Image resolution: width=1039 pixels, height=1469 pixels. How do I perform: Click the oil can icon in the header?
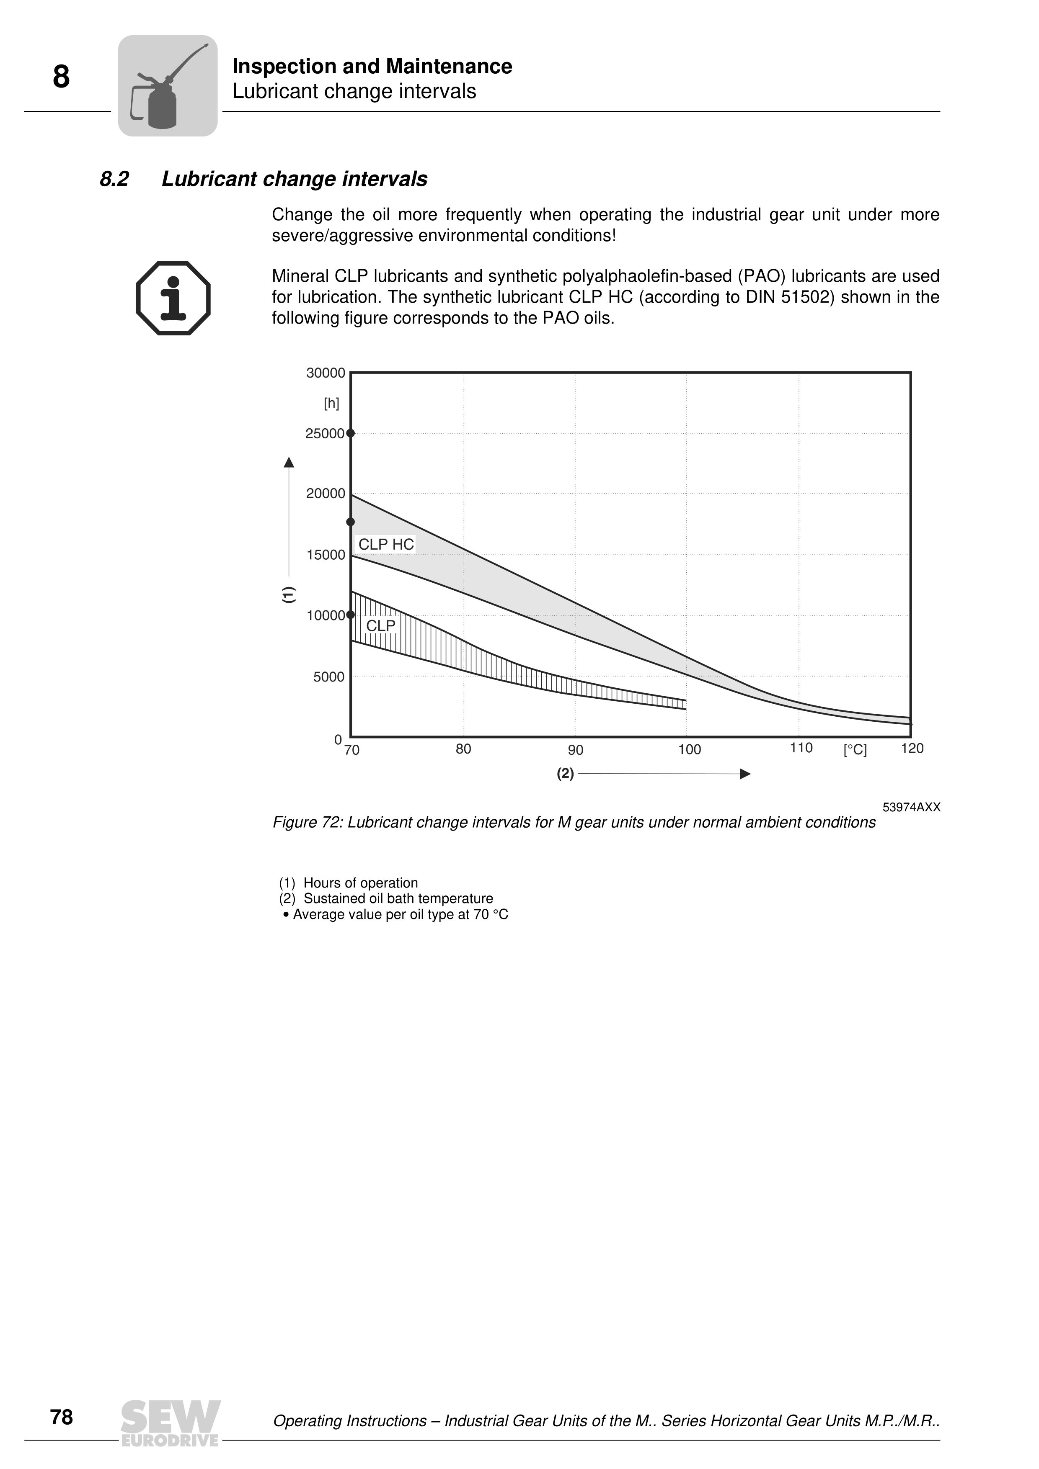168,86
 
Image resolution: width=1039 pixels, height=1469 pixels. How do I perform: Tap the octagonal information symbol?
173,298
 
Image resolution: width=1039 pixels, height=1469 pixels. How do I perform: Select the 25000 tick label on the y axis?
325,434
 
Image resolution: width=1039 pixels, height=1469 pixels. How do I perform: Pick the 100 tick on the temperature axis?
690,749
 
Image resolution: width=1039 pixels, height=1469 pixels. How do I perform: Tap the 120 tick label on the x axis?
912,749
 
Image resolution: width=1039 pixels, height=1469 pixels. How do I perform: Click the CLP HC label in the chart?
386,545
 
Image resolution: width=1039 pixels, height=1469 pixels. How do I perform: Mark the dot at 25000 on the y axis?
351,433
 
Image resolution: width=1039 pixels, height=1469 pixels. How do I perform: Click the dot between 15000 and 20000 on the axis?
351,522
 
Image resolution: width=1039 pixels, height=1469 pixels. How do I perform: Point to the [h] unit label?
332,404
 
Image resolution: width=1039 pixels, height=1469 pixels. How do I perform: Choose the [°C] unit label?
855,750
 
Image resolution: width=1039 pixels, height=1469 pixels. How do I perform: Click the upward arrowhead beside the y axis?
289,462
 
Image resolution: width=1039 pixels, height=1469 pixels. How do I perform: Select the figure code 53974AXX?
911,808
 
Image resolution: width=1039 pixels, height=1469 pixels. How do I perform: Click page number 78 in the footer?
62,1417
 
